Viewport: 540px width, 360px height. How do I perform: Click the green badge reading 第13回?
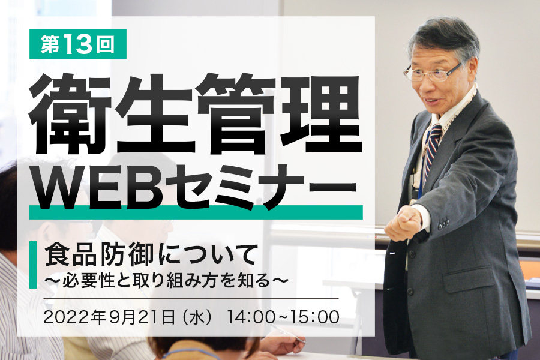[x=78, y=44]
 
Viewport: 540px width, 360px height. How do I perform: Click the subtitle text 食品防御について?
[x=152, y=255]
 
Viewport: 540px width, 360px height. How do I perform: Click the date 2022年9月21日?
[x=109, y=317]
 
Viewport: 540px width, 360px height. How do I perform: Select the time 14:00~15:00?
[x=283, y=317]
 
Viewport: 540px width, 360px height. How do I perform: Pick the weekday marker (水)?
[x=197, y=317]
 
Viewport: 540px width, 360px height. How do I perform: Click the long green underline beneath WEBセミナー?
[x=196, y=212]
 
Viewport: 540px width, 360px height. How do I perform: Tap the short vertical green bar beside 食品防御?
[x=33, y=265]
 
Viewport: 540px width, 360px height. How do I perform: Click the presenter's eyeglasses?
[x=433, y=72]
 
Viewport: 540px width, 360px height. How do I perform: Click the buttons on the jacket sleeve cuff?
[x=444, y=224]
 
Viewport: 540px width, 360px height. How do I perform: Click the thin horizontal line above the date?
[x=191, y=299]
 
